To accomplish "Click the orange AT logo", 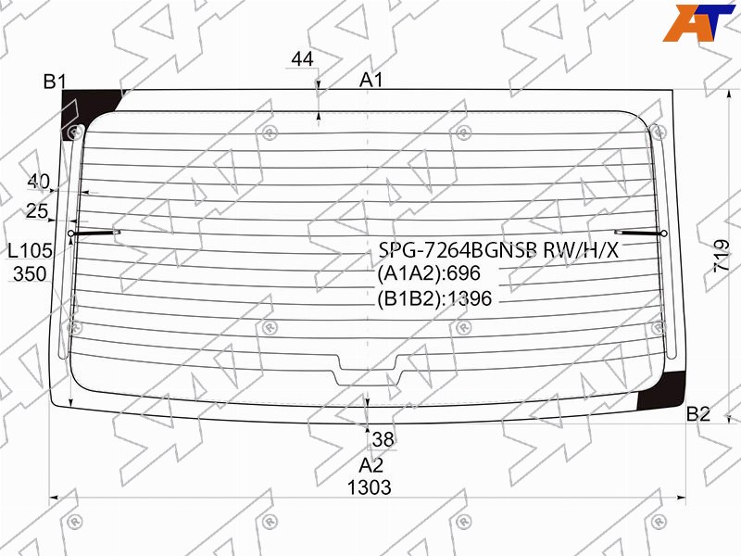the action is pyautogui.click(x=698, y=22).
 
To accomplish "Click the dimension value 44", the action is pyautogui.click(x=303, y=59).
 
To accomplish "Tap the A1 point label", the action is pyautogui.click(x=371, y=81).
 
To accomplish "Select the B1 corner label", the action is pyautogui.click(x=55, y=82).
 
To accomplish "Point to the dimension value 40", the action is pyautogui.click(x=38, y=181).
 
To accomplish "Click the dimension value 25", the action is pyautogui.click(x=37, y=211).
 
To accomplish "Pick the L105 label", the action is pyautogui.click(x=31, y=250).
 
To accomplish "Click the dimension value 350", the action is pyautogui.click(x=30, y=274).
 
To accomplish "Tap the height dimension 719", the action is pyautogui.click(x=722, y=256).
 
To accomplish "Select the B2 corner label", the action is pyautogui.click(x=698, y=414).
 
